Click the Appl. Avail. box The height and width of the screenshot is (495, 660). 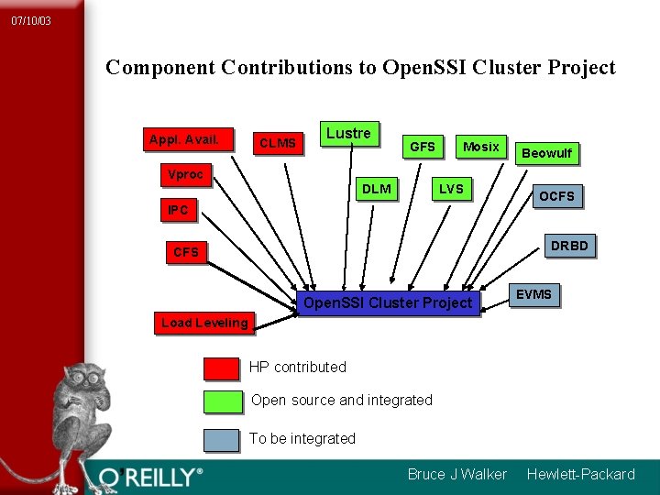pos(184,139)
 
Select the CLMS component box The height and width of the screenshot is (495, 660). pos(278,142)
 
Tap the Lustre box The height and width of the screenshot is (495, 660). pos(348,134)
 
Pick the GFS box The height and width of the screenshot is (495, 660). pos(423,147)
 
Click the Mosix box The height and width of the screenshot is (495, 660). pos(481,147)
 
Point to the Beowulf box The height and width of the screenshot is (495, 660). pos(546,153)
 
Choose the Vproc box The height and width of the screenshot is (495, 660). pos(185,174)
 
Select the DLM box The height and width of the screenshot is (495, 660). pos(377,189)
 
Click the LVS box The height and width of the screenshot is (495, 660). pos(451,189)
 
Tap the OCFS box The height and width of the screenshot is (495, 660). pos(556,196)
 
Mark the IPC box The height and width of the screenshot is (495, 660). pos(178,210)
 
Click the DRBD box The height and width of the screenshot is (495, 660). pos(569,246)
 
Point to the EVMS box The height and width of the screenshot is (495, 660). pos(533,294)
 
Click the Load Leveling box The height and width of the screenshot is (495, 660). pos(204,322)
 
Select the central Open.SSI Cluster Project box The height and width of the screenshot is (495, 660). pos(388,302)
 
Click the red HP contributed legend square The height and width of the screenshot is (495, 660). pos(221,368)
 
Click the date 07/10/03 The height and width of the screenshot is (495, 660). pos(31,20)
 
